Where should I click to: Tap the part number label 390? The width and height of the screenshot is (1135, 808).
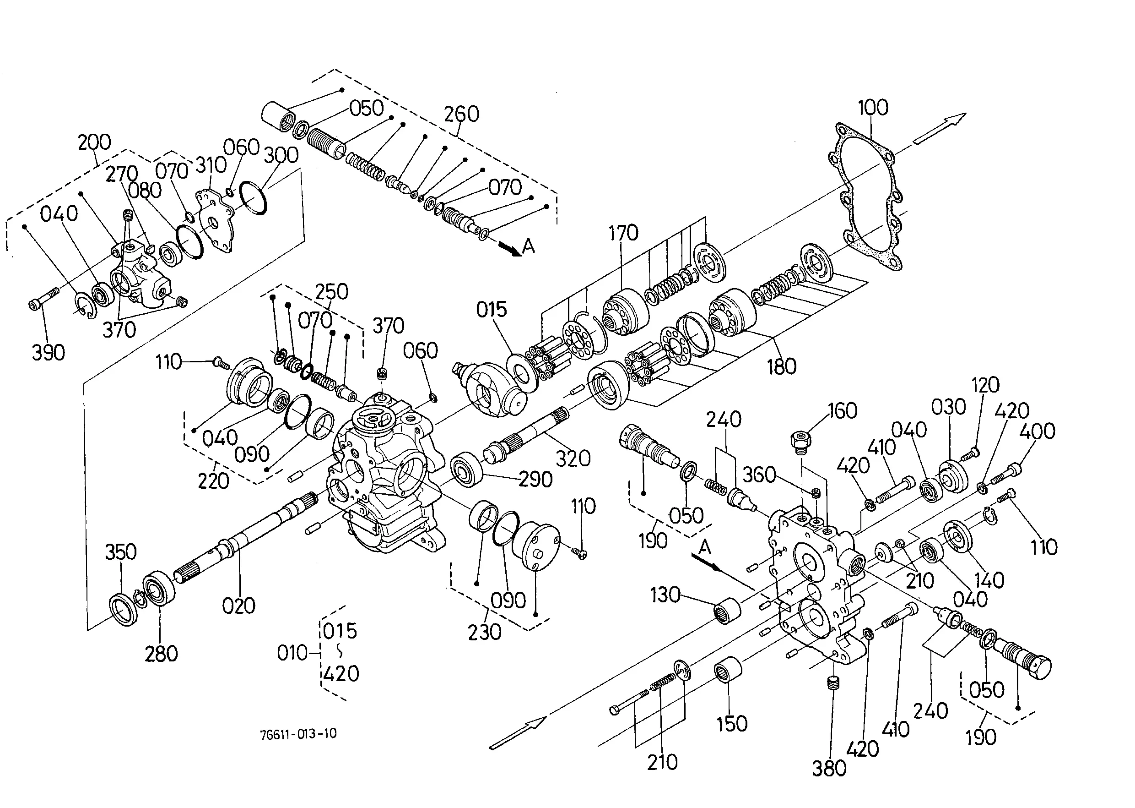(x=48, y=353)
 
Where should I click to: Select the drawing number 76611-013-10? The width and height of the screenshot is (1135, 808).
(x=298, y=734)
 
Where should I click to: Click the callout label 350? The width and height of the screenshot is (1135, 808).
(x=121, y=552)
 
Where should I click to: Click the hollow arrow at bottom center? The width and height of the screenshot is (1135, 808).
(x=518, y=732)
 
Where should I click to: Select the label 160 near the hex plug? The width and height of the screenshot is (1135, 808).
(x=842, y=411)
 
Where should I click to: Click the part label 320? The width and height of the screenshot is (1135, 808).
(x=573, y=458)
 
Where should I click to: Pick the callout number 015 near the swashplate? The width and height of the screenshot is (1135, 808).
(x=491, y=310)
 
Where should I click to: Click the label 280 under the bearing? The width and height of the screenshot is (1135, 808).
(x=161, y=654)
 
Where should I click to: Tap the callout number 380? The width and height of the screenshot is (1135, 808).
(x=829, y=769)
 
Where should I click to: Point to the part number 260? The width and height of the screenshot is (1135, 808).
(x=461, y=114)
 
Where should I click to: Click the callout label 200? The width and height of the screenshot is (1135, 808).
(x=94, y=142)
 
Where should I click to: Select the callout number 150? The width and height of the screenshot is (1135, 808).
(x=732, y=724)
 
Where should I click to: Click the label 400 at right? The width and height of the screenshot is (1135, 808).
(x=1037, y=431)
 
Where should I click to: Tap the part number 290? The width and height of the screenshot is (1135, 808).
(x=535, y=479)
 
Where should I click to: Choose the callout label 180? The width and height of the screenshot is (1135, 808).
(x=782, y=367)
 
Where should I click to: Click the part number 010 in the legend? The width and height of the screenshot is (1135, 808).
(x=292, y=653)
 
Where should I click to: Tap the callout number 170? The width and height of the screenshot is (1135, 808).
(x=623, y=233)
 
